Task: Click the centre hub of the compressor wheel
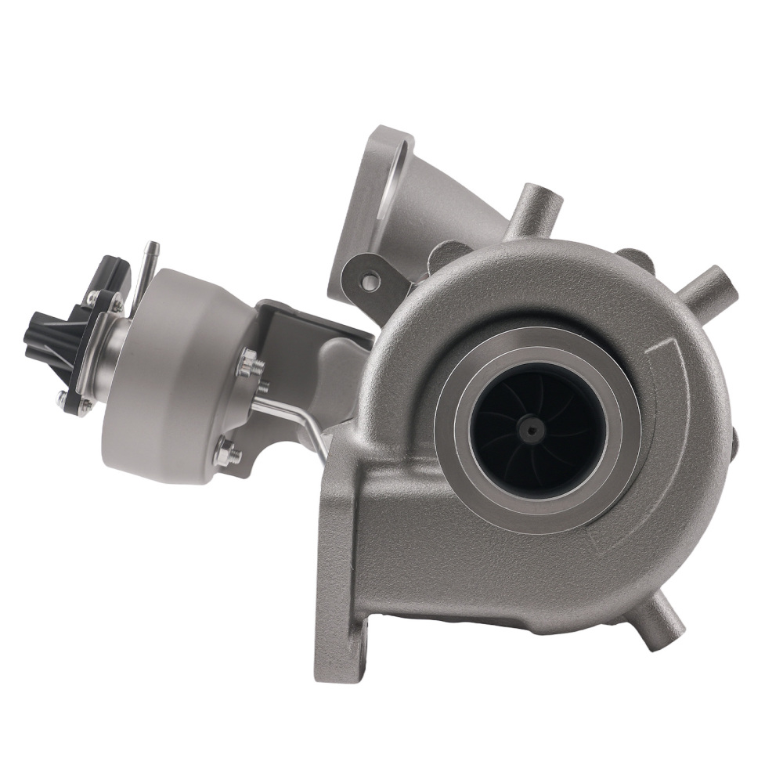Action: [532, 428]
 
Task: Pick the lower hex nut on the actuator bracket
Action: [228, 452]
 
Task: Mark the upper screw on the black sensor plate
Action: [93, 297]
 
